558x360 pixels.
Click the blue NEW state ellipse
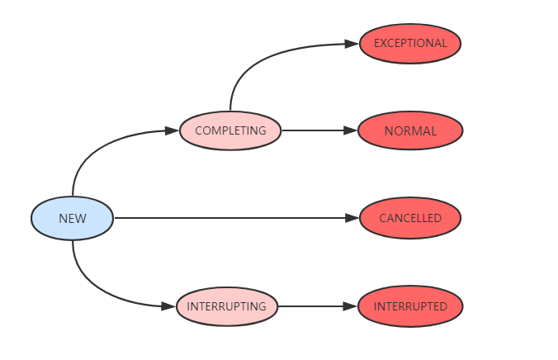(72, 219)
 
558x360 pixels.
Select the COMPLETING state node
(230, 130)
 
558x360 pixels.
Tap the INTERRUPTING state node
(226, 306)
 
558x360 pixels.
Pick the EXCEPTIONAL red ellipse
(410, 43)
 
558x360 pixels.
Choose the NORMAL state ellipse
(410, 130)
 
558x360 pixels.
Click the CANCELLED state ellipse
(410, 218)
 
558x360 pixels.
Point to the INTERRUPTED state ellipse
(410, 306)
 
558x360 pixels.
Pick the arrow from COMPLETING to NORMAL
(318, 130)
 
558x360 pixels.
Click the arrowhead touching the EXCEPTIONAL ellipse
(353, 44)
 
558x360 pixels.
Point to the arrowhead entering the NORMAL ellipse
(352, 130)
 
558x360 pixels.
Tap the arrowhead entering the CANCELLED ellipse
(353, 218)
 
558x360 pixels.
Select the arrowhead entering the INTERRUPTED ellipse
(352, 306)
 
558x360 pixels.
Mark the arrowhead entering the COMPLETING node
(173, 130)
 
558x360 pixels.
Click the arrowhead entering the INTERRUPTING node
(170, 306)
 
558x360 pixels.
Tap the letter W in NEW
(81, 219)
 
